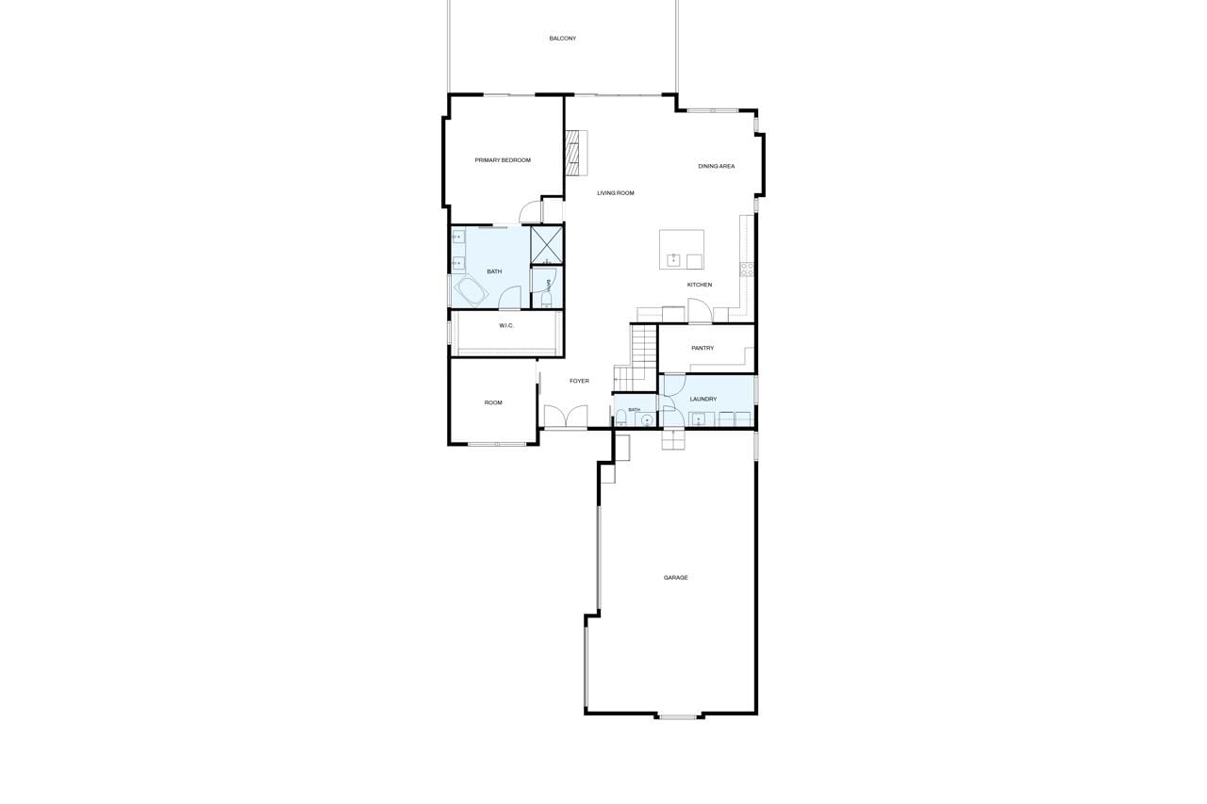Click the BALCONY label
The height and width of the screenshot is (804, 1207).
[563, 39]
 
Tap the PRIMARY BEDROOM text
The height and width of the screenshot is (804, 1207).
[503, 160]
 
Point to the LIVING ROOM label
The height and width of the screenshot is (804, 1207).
[616, 193]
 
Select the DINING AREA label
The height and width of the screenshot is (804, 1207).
[716, 167]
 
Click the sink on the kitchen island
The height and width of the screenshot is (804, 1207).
[673, 261]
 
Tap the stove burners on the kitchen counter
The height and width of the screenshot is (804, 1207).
[747, 270]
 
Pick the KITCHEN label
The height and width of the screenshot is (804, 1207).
[700, 285]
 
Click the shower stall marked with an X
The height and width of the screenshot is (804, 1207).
[546, 246]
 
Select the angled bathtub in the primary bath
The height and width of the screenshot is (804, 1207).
[471, 291]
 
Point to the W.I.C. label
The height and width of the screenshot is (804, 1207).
[506, 326]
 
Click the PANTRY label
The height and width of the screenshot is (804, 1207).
[703, 349]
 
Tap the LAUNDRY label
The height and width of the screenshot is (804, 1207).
[703, 399]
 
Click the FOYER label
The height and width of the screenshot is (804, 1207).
[579, 382]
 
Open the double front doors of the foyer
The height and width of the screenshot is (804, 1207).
[565, 417]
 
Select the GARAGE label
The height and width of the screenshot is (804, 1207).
[676, 578]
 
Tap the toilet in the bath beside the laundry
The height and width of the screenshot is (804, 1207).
[620, 418]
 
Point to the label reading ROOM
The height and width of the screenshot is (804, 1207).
[493, 402]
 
